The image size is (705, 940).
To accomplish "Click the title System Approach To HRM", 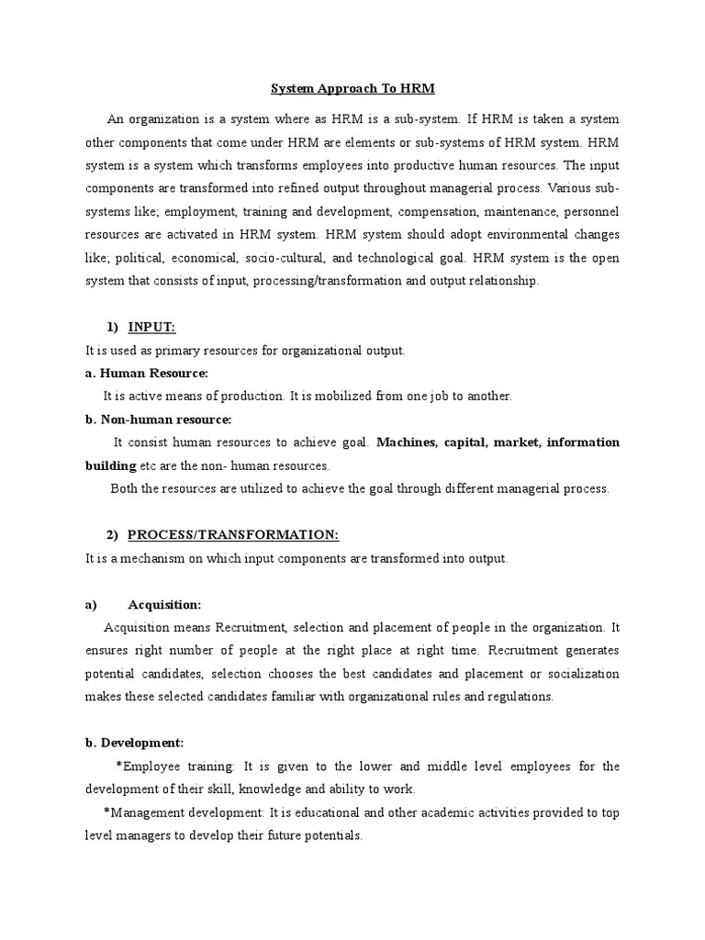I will [352, 89].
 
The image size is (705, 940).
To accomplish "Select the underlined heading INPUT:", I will [152, 328].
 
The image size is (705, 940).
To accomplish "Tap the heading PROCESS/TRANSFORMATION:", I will [233, 535].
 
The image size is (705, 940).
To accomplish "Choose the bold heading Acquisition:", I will [164, 604].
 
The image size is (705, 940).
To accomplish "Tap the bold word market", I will [517, 442].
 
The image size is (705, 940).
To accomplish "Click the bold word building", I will [111, 465].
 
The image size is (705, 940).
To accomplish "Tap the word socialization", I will [579, 673].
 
